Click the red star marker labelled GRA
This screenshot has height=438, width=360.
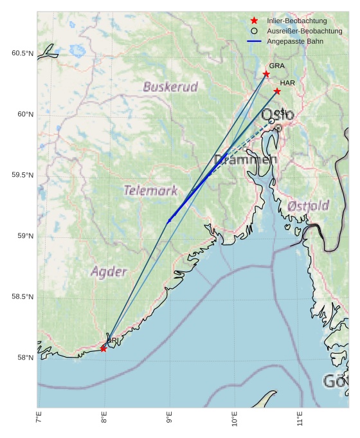tap(266, 74)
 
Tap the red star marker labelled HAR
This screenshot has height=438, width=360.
tap(277, 91)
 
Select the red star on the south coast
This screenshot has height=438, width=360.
tap(104, 349)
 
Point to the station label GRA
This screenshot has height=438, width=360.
tap(276, 66)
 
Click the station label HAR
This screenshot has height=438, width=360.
tap(287, 83)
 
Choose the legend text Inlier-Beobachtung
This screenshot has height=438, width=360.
tap(296, 21)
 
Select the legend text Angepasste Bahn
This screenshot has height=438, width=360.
tap(295, 41)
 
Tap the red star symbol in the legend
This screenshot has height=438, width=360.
tap(254, 21)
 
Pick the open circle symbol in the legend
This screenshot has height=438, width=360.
tap(254, 31)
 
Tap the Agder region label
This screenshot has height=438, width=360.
tap(109, 271)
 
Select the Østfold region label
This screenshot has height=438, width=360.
tap(309, 206)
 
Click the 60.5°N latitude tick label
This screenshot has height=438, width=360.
tap(22, 53)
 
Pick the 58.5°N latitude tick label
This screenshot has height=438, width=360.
tap(22, 297)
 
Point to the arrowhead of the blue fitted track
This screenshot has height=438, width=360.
tap(169, 221)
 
